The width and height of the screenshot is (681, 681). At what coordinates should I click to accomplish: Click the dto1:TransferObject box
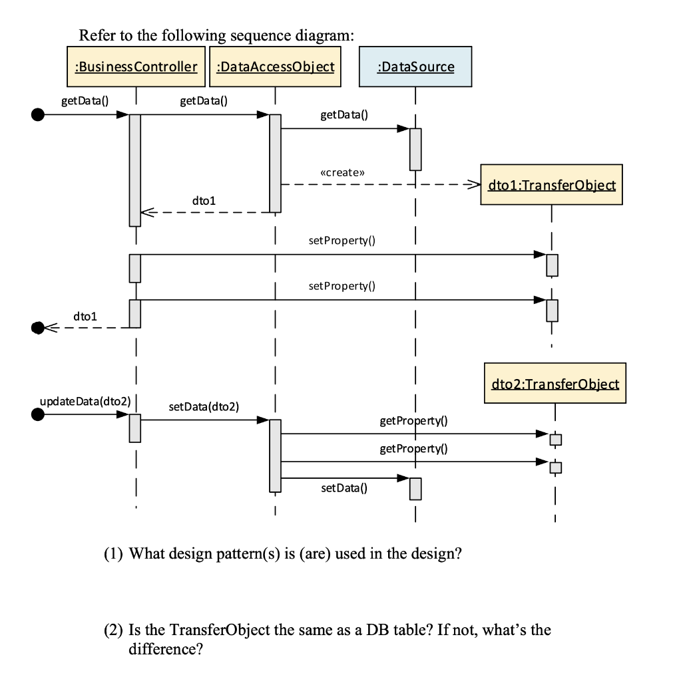point(551,185)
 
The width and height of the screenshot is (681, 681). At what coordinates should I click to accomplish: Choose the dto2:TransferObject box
point(555,384)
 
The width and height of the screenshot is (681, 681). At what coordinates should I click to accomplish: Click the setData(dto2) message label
point(204,406)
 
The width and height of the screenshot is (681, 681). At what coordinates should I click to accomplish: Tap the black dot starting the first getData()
point(39,115)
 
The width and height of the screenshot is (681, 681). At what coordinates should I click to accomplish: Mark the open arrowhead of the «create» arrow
point(473,184)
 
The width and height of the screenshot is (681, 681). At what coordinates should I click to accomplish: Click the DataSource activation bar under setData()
point(415,489)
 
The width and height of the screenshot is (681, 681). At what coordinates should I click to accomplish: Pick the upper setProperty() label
point(342,240)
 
